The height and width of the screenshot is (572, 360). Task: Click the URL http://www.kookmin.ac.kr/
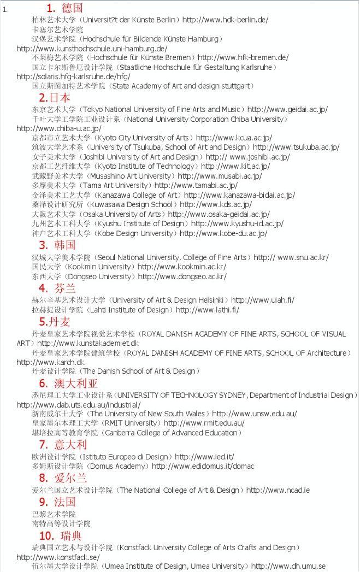pyautogui.click(x=182, y=267)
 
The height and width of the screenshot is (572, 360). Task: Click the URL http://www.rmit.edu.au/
pyautogui.click(x=204, y=423)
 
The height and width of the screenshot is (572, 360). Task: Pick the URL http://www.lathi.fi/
pyautogui.click(x=207, y=310)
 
